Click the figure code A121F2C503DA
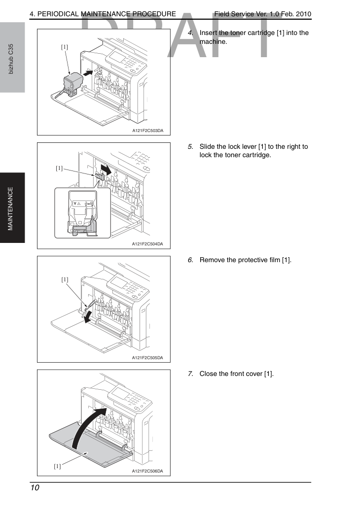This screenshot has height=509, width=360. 148,131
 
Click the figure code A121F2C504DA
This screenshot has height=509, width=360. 147,244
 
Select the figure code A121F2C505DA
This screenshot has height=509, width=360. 147,358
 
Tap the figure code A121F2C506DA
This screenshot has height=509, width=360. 147,471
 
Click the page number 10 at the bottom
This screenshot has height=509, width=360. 35,488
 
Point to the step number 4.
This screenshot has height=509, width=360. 190,33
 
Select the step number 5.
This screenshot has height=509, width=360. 190,147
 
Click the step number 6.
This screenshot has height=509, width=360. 190,260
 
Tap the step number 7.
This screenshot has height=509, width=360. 190,374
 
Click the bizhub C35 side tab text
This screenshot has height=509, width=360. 11,59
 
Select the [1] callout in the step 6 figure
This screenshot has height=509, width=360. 65,279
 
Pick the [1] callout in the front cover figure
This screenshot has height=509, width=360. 57,466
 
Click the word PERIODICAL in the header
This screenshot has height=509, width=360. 58,14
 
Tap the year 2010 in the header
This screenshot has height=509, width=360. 303,14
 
